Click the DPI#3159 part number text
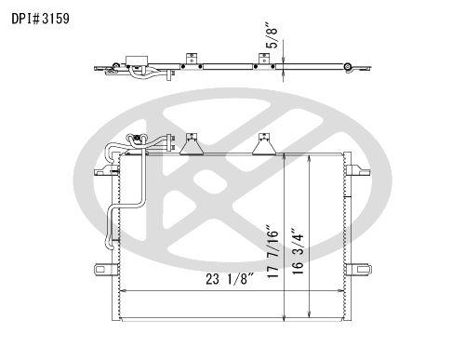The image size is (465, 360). pyautogui.click(x=40, y=19)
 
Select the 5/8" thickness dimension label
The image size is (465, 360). pyautogui.click(x=272, y=34)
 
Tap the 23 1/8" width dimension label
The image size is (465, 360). pyautogui.click(x=230, y=279)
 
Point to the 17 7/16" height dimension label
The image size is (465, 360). pyautogui.click(x=272, y=251)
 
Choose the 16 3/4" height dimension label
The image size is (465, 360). pyautogui.click(x=298, y=251)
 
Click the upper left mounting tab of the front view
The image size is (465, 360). pyautogui.click(x=106, y=170)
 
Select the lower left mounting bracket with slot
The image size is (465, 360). pyautogui.click(x=106, y=269)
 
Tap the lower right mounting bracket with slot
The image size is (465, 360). pyautogui.click(x=358, y=269)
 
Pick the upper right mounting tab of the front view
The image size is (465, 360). pyautogui.click(x=358, y=170)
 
